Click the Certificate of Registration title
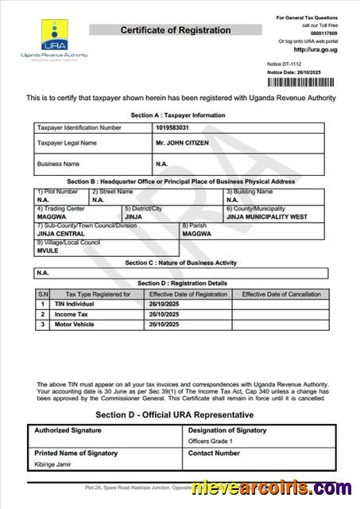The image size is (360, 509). pos(176,30)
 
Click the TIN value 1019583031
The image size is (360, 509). pos(174,127)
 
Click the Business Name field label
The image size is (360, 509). pos(59,164)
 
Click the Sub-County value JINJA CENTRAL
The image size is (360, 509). pos(60,233)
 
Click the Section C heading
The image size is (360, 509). pos(181,262)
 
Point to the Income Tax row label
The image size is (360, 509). pos(71,314)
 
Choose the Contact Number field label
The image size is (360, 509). pos(214,453)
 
